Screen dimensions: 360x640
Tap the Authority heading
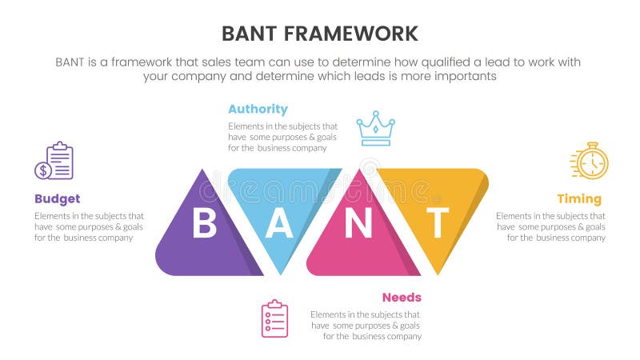click(x=258, y=109)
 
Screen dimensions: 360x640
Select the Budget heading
click(x=57, y=198)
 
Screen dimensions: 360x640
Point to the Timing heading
click(x=579, y=198)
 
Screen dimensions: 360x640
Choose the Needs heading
click(x=402, y=297)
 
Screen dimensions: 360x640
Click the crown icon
click(x=374, y=128)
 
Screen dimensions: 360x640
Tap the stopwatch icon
click(x=590, y=162)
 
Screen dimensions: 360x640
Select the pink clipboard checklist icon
click(x=274, y=318)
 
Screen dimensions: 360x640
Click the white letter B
click(x=204, y=225)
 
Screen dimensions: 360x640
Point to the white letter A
click(x=279, y=225)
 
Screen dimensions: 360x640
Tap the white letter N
click(x=358, y=225)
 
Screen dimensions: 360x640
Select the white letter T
click(x=436, y=225)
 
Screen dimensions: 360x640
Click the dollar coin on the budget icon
click(x=42, y=170)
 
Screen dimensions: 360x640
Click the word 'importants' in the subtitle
click(x=469, y=76)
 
